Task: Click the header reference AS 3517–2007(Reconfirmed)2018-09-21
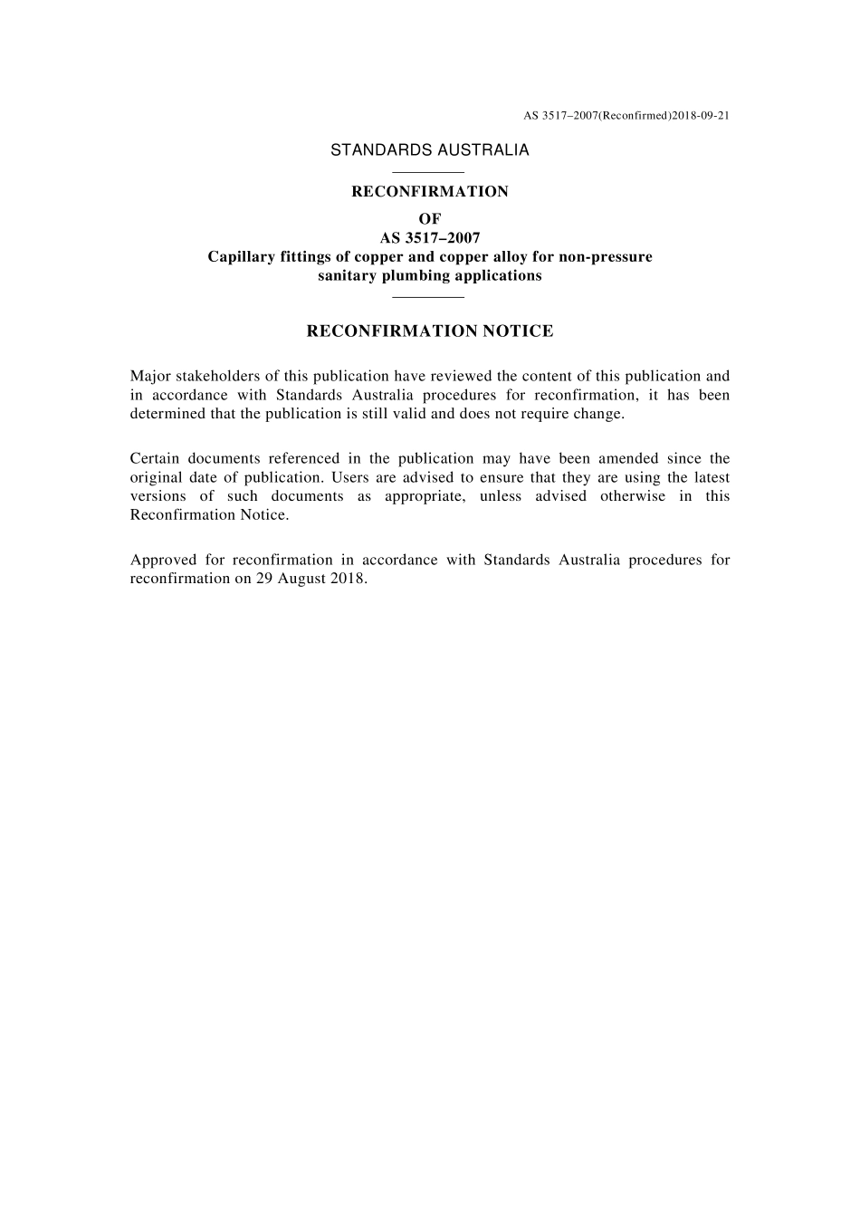(626, 116)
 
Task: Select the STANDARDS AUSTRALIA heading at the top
(430, 150)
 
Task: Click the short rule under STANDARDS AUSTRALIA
(430, 172)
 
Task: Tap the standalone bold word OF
(430, 219)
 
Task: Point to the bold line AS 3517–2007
(430, 238)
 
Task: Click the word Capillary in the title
(240, 257)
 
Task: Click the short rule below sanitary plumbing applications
(430, 297)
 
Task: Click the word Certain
(155, 458)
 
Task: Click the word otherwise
(632, 496)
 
